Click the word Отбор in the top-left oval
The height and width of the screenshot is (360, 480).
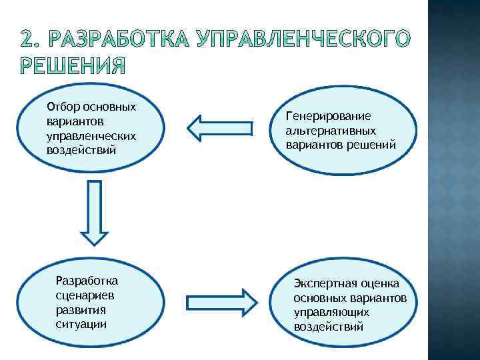[x=61, y=107]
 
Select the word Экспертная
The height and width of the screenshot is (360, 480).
[x=324, y=283]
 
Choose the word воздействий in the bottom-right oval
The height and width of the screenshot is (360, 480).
[x=328, y=326]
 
